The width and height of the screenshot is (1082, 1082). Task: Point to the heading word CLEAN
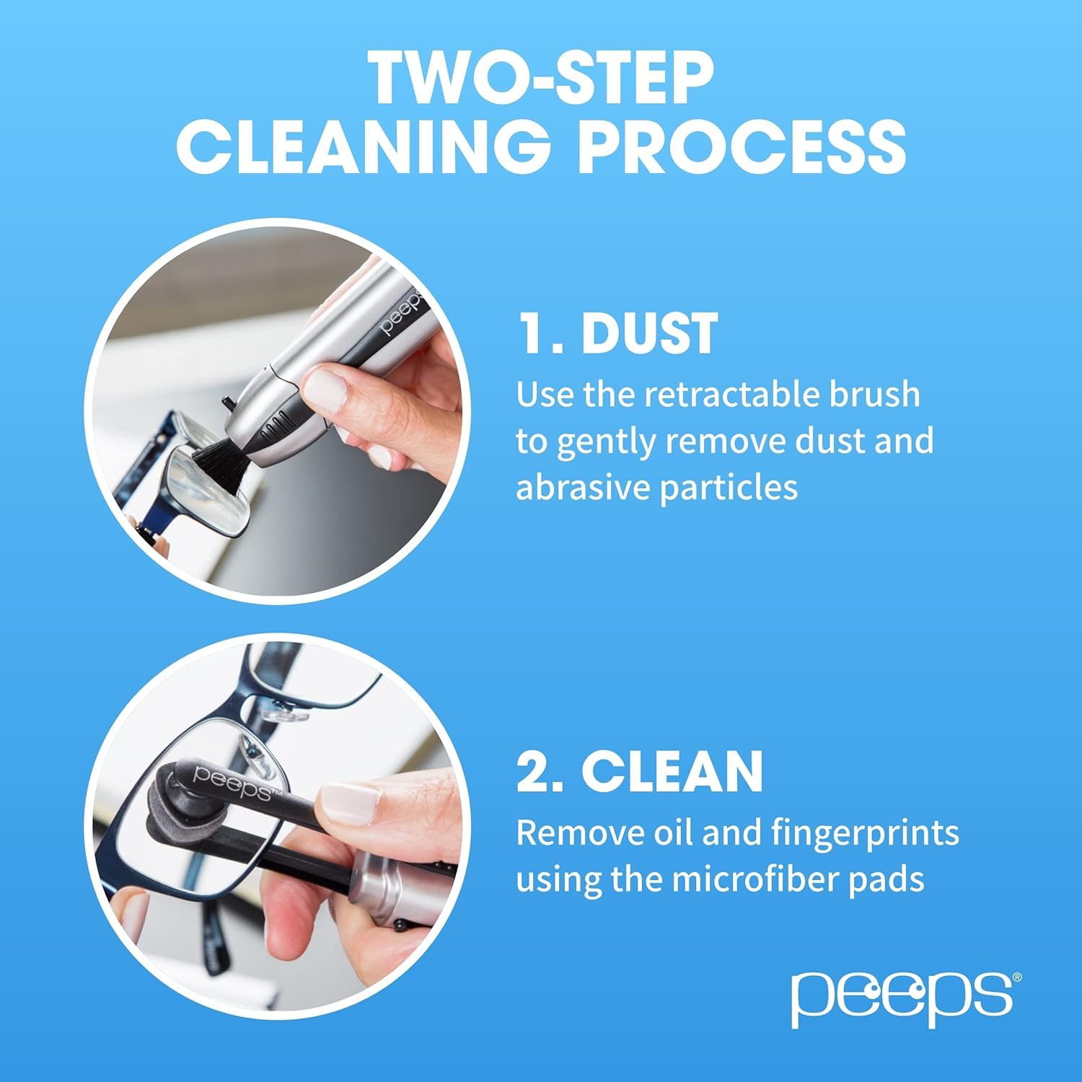[672, 771]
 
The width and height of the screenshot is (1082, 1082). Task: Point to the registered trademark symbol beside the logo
[1017, 977]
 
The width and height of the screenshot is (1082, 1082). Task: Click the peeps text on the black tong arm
[231, 783]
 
